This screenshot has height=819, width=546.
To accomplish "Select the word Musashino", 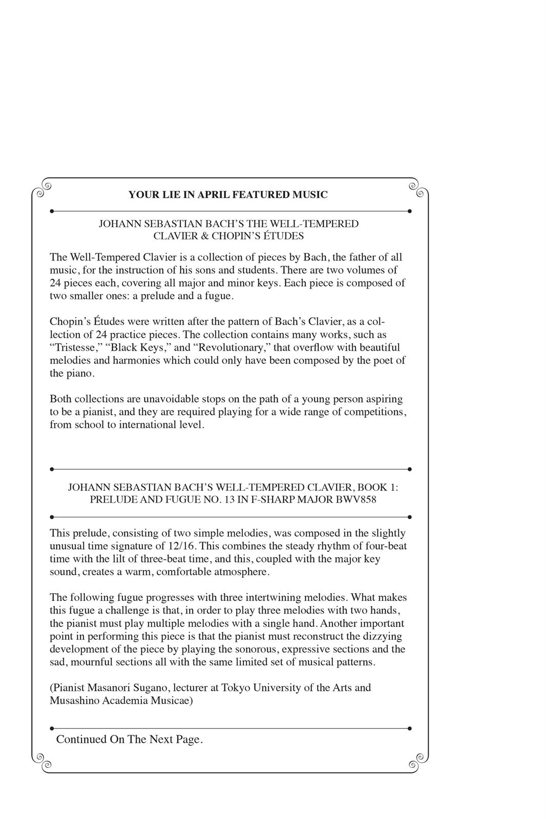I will tap(73, 700).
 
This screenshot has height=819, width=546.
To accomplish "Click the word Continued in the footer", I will tap(81, 740).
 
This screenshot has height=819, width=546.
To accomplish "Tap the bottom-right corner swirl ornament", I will tap(417, 761).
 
